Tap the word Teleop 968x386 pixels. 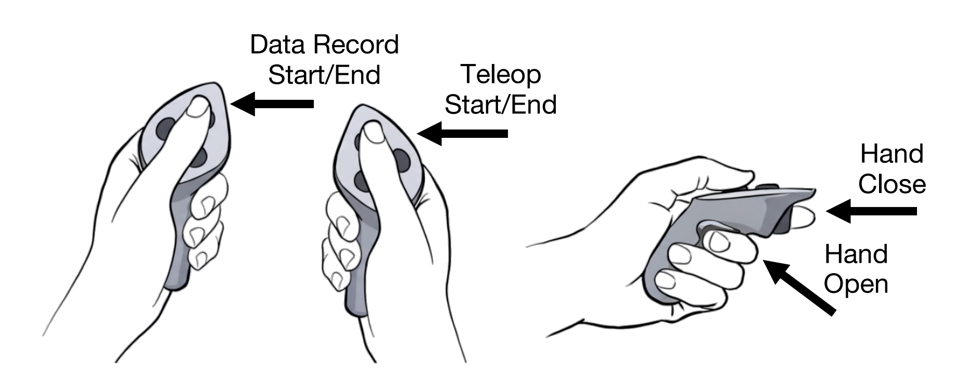[501, 75]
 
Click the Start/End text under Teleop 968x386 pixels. [501, 105]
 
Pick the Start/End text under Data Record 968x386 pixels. [324, 75]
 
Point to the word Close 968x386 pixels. [892, 185]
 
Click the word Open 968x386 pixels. [856, 285]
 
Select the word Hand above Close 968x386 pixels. [892, 155]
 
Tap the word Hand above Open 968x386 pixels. [856, 254]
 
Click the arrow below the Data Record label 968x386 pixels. [273, 104]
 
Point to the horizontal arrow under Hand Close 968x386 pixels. [871, 211]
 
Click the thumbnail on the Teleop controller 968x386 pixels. [373, 133]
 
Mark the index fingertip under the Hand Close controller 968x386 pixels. [802, 217]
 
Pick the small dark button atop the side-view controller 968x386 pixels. [766, 187]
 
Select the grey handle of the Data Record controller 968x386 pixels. [177, 245]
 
